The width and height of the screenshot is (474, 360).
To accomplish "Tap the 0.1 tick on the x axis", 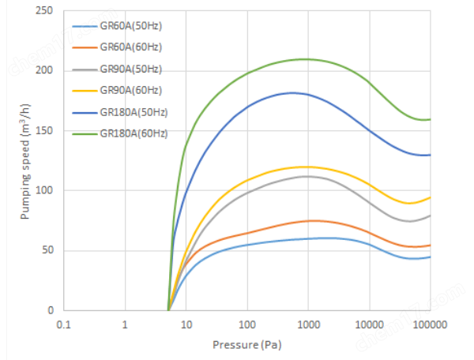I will tap(64, 324).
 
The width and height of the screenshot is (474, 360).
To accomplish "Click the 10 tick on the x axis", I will tap(186, 324).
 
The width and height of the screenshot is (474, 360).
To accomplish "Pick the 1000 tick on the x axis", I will tap(308, 324).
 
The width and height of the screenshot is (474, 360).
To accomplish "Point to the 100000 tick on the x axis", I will tap(430, 324).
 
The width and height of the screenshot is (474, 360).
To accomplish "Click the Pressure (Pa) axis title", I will tap(246, 345).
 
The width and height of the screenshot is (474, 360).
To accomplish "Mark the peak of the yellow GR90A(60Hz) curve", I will tap(304, 167).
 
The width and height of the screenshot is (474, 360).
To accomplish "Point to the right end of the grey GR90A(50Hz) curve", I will tap(431, 216).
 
